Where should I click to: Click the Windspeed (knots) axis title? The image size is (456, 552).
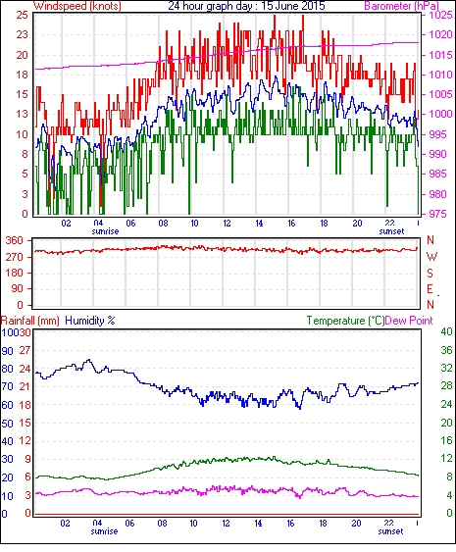point(76,6)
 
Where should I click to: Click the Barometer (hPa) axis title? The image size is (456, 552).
point(401,6)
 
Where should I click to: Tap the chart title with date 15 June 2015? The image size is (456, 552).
point(246,6)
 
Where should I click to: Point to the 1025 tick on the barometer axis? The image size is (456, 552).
point(440,15)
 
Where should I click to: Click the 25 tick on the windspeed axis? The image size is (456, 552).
point(22,15)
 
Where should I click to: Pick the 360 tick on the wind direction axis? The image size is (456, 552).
point(15,241)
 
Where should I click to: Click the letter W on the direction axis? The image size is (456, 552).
point(431,257)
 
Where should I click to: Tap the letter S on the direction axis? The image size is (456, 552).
point(430,273)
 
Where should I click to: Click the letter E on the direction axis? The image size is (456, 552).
point(430,289)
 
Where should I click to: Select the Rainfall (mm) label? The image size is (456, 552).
point(30,321)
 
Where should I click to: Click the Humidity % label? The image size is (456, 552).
point(90,321)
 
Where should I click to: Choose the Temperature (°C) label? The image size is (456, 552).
point(345,321)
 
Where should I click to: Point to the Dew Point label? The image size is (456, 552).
point(409,321)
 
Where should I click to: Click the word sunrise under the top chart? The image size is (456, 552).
point(105,231)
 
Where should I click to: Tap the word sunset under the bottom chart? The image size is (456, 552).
point(390,530)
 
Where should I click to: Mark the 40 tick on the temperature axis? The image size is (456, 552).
point(446,332)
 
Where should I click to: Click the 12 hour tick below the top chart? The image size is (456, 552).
point(227,224)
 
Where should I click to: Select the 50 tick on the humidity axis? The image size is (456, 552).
point(7,424)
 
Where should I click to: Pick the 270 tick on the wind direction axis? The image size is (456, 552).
point(15,257)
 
